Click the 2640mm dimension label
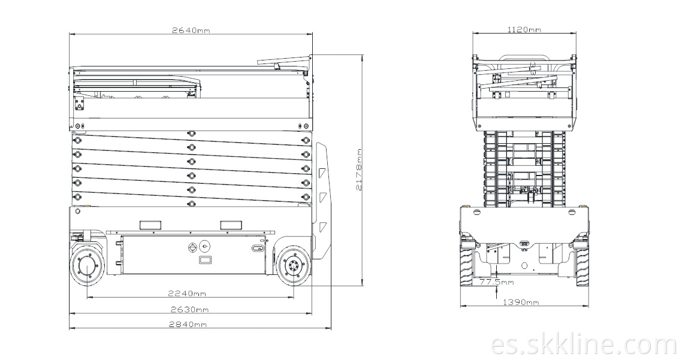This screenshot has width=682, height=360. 191,30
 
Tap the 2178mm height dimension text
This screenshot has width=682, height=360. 359,170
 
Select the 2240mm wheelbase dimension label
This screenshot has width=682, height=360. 187,294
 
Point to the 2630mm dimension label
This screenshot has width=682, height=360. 189,310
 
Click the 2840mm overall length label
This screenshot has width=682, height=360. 188,324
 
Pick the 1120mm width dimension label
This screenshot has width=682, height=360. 524,29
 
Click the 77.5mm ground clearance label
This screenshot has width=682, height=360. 496,282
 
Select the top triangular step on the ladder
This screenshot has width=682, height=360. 322,173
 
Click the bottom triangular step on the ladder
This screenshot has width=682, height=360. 322,226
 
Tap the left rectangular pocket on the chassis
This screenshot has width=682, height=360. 150,225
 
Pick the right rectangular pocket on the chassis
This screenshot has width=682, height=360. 231,225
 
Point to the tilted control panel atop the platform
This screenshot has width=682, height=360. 283,61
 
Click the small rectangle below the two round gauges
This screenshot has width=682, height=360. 204,260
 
